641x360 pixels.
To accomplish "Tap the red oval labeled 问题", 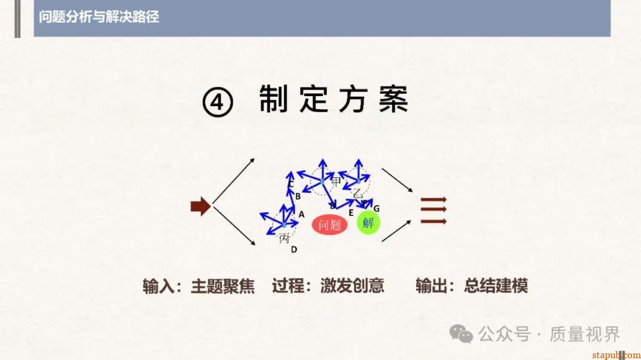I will [329, 224].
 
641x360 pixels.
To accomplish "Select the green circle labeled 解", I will [368, 223].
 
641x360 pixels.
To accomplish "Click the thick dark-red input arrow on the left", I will [200, 206].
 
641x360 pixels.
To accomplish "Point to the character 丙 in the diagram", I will [284, 238].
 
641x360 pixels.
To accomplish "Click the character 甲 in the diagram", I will [336, 181].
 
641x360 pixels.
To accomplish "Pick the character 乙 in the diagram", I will [357, 193].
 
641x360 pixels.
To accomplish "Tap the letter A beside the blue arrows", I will [302, 214].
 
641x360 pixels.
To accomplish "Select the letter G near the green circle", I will [376, 209].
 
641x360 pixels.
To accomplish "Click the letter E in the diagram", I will [351, 212].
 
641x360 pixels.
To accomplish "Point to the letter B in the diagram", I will [298, 196].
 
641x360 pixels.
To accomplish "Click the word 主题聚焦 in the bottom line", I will [223, 286].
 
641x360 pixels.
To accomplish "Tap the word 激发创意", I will [352, 286].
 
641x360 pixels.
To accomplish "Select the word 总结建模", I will [496, 286].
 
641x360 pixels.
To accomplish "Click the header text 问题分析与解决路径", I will [99, 17].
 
